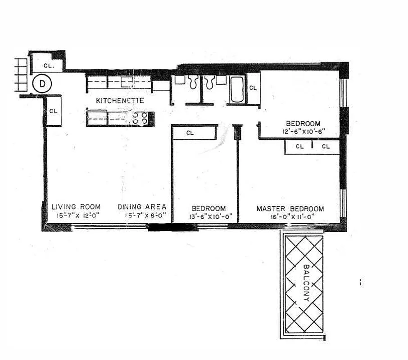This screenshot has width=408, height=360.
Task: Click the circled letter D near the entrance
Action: point(42,83)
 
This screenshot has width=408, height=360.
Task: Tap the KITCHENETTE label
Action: point(120,101)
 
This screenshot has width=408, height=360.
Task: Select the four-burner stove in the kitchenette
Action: point(141,118)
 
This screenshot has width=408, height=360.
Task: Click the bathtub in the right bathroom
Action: point(237,90)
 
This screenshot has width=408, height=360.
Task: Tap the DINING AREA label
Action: point(142,207)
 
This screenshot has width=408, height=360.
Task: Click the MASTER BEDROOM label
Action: point(290,209)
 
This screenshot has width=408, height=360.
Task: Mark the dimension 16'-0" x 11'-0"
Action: point(290,217)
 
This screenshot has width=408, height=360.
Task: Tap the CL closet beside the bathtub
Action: point(254,88)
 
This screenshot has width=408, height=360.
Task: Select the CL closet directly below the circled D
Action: point(53,111)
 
